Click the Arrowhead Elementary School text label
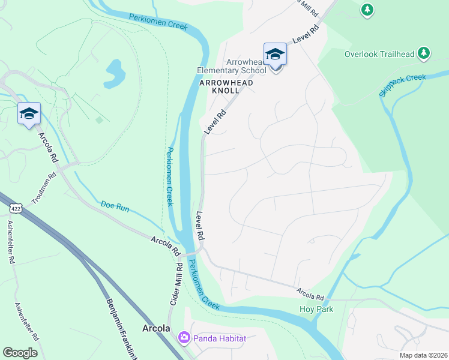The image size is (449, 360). (x=232, y=66)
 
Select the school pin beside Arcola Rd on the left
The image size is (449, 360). (x=28, y=113)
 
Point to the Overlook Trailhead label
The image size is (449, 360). (x=379, y=54)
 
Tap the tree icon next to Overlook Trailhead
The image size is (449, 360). (x=424, y=53)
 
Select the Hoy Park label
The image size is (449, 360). (x=316, y=309)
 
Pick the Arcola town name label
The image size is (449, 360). (x=156, y=328)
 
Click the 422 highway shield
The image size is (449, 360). (x=16, y=208)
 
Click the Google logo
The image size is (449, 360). (x=20, y=352)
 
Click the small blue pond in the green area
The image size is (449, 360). (x=114, y=73)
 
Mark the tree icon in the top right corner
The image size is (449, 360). (x=367, y=10)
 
